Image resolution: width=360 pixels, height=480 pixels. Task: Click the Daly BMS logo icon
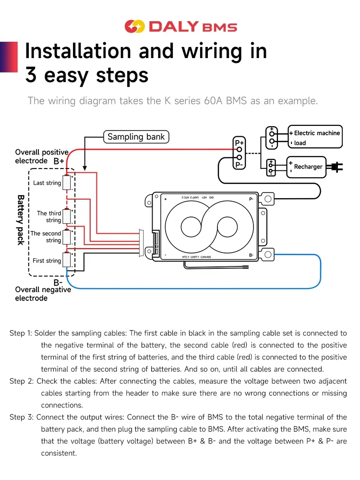point(134,26)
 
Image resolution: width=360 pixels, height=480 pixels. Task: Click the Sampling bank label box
point(136,137)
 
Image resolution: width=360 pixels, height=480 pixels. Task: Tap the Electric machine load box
point(316,138)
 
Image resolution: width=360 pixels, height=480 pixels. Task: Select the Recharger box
point(307,167)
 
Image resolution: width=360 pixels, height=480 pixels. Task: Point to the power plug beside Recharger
point(335,167)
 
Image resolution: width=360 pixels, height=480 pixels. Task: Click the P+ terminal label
point(239,143)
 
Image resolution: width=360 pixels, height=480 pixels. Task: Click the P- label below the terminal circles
point(239,165)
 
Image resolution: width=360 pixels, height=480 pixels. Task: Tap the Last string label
point(47,183)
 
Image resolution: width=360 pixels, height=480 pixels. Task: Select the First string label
point(47,261)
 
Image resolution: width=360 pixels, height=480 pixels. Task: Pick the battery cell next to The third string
point(67,216)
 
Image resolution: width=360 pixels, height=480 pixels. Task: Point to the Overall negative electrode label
point(43,294)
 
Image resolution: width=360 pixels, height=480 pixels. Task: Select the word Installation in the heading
point(78,51)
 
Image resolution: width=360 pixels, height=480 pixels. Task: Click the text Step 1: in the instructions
point(21,333)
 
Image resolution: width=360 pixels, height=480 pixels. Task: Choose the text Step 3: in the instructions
point(21,417)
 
